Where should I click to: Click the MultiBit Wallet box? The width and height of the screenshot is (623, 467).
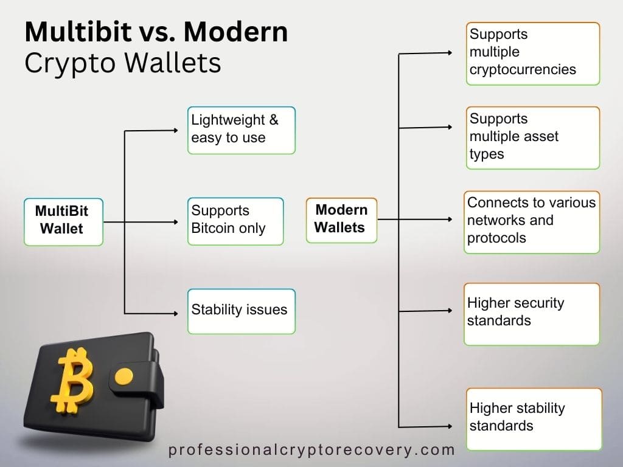coord(63,221)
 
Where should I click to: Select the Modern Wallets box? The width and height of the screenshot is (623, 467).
coord(341,220)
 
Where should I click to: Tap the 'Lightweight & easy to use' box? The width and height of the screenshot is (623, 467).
coord(241,130)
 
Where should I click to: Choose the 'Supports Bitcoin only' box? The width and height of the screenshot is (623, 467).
coord(235,221)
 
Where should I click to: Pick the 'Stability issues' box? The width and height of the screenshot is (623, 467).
coord(241,311)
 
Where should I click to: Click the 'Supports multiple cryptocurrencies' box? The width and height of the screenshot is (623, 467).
coord(534,53)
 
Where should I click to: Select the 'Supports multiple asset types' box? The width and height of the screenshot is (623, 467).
coord(534,137)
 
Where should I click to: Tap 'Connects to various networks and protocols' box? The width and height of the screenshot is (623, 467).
coord(531,221)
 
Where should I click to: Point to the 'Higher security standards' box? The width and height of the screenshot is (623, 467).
coord(531,313)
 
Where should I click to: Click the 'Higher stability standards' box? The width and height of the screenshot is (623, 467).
coord(534,418)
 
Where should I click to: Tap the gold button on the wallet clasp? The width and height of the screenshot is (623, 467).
coord(124,377)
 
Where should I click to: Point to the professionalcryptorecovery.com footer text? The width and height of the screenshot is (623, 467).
coord(311,451)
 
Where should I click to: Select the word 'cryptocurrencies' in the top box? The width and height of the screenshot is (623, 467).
coord(523,69)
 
